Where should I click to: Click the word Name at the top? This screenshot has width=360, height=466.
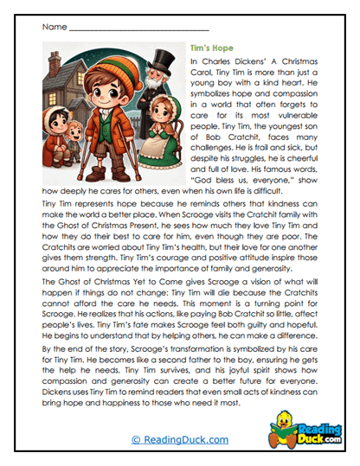[x=53, y=27]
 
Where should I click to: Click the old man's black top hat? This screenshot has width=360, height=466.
[x=160, y=61]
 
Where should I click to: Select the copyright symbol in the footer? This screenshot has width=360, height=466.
[x=135, y=439]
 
